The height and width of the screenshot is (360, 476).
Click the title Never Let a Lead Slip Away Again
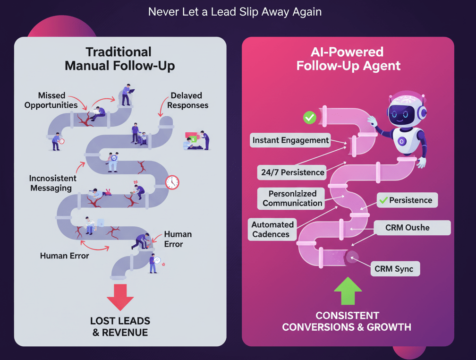pyautogui.click(x=235, y=11)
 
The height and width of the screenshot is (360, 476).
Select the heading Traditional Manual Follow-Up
pyautogui.click(x=119, y=59)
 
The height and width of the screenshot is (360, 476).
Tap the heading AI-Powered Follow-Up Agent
pyautogui.click(x=348, y=59)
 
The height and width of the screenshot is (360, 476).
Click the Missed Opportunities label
pyautogui.click(x=51, y=100)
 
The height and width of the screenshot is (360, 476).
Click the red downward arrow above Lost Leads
pyautogui.click(x=120, y=296)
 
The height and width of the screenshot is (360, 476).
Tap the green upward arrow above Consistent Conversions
pyautogui.click(x=348, y=291)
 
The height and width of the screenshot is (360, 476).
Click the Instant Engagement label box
pyautogui.click(x=290, y=140)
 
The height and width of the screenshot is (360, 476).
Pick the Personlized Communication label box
pyautogui.click(x=292, y=198)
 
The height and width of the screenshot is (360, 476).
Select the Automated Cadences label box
pyautogui.click(x=272, y=229)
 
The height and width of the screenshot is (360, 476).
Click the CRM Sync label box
pyautogui.click(x=394, y=269)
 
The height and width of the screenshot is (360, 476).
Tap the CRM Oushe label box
pyautogui.click(x=407, y=227)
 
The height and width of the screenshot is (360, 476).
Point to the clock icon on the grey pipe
pyautogui.click(x=172, y=182)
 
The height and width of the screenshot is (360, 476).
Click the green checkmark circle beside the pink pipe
pyautogui.click(x=310, y=117)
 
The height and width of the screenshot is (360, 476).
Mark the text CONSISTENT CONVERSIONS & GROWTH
pyautogui.click(x=347, y=321)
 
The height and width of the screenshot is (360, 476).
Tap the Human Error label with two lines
pyautogui.click(x=177, y=239)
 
